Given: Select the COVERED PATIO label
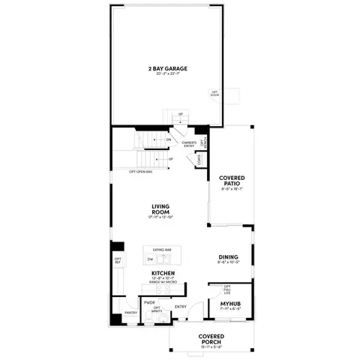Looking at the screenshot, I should pos(232,181).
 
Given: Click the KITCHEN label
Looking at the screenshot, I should pos(163,273).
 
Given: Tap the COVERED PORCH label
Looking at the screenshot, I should pos(211,339).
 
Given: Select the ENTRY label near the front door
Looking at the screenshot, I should pos(181,306).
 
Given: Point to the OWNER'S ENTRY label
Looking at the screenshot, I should pos(188,144).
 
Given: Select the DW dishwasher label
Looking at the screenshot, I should pos(150,259).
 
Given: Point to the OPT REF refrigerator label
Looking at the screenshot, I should pos(118,261).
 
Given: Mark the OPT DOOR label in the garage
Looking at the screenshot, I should pos(214,93).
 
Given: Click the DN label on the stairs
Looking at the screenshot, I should pos(169,139).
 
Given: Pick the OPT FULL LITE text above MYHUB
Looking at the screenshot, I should pos(226,289).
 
